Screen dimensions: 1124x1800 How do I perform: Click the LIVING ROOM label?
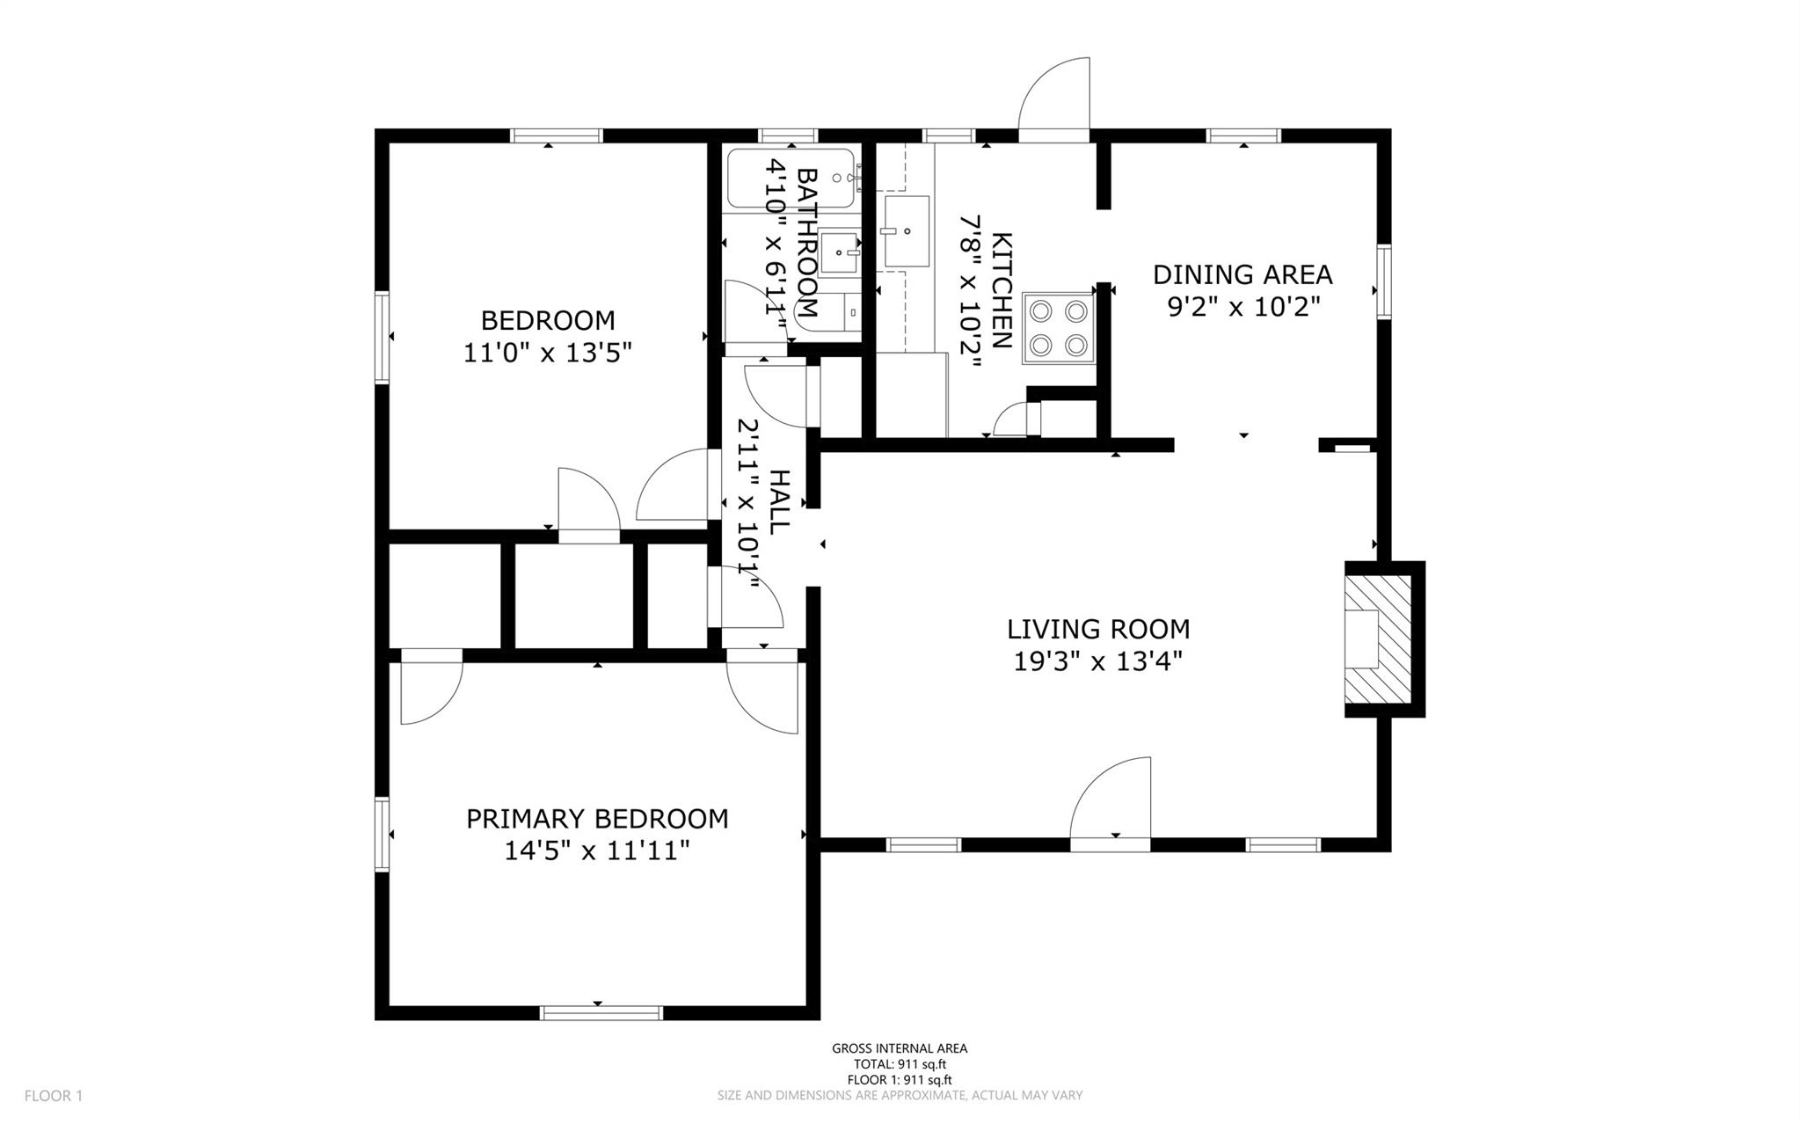pos(1097,629)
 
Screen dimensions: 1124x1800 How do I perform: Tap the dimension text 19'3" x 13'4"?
pos(1097,661)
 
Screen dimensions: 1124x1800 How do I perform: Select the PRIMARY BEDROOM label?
pos(597,819)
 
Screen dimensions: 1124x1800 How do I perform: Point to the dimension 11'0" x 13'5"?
pos(548,353)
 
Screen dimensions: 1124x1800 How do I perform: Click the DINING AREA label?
pos(1242,274)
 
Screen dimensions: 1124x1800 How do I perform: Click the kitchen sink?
pos(907,231)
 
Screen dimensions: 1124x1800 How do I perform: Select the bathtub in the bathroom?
pos(790,179)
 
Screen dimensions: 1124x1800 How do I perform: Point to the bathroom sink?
pos(840,252)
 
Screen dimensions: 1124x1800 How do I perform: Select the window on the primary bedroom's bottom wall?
pos(601,1012)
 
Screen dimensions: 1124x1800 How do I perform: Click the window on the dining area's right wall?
pos(1384,281)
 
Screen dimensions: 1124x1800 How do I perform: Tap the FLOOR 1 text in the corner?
pos(54,1096)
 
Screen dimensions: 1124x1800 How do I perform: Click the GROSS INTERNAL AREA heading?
pos(900,1048)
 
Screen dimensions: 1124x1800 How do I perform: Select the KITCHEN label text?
pos(1002,290)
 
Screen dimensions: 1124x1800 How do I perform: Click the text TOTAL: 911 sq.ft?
pos(900,1064)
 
